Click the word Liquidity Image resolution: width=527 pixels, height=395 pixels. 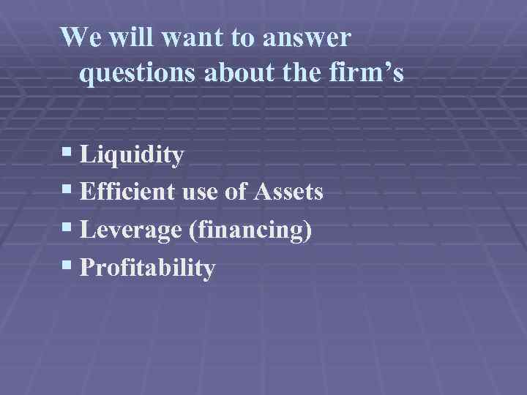(x=132, y=155)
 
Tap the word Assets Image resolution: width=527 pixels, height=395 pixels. (x=288, y=193)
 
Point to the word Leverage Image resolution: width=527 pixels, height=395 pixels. (x=131, y=231)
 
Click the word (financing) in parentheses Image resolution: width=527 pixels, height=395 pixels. (x=250, y=231)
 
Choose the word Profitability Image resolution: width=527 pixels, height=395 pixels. (x=147, y=269)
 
